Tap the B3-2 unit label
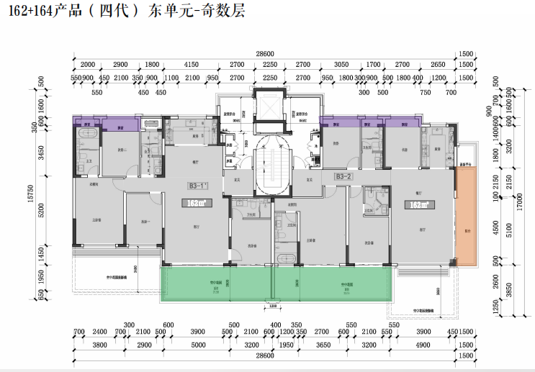(343, 176)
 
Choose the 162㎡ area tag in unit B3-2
(419, 204)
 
